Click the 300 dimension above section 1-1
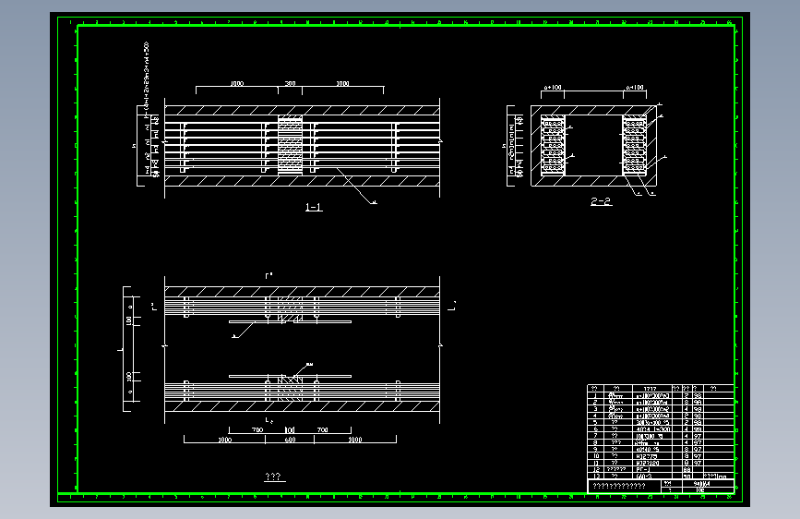(290, 84)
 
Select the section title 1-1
(314, 208)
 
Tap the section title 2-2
(601, 201)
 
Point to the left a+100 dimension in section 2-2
(554, 88)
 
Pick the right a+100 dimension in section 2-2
(635, 88)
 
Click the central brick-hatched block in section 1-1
(290, 145)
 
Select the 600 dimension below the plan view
(290, 441)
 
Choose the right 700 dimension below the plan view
(322, 430)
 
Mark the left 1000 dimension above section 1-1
(236, 84)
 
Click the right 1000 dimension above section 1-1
(342, 84)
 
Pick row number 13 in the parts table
(595, 476)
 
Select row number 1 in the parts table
(595, 395)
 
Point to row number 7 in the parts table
(595, 436)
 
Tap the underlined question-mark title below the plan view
(273, 477)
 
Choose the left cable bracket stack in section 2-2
(554, 146)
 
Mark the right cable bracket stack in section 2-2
(635, 146)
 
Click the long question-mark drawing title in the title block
(618, 485)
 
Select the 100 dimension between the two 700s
(290, 430)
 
